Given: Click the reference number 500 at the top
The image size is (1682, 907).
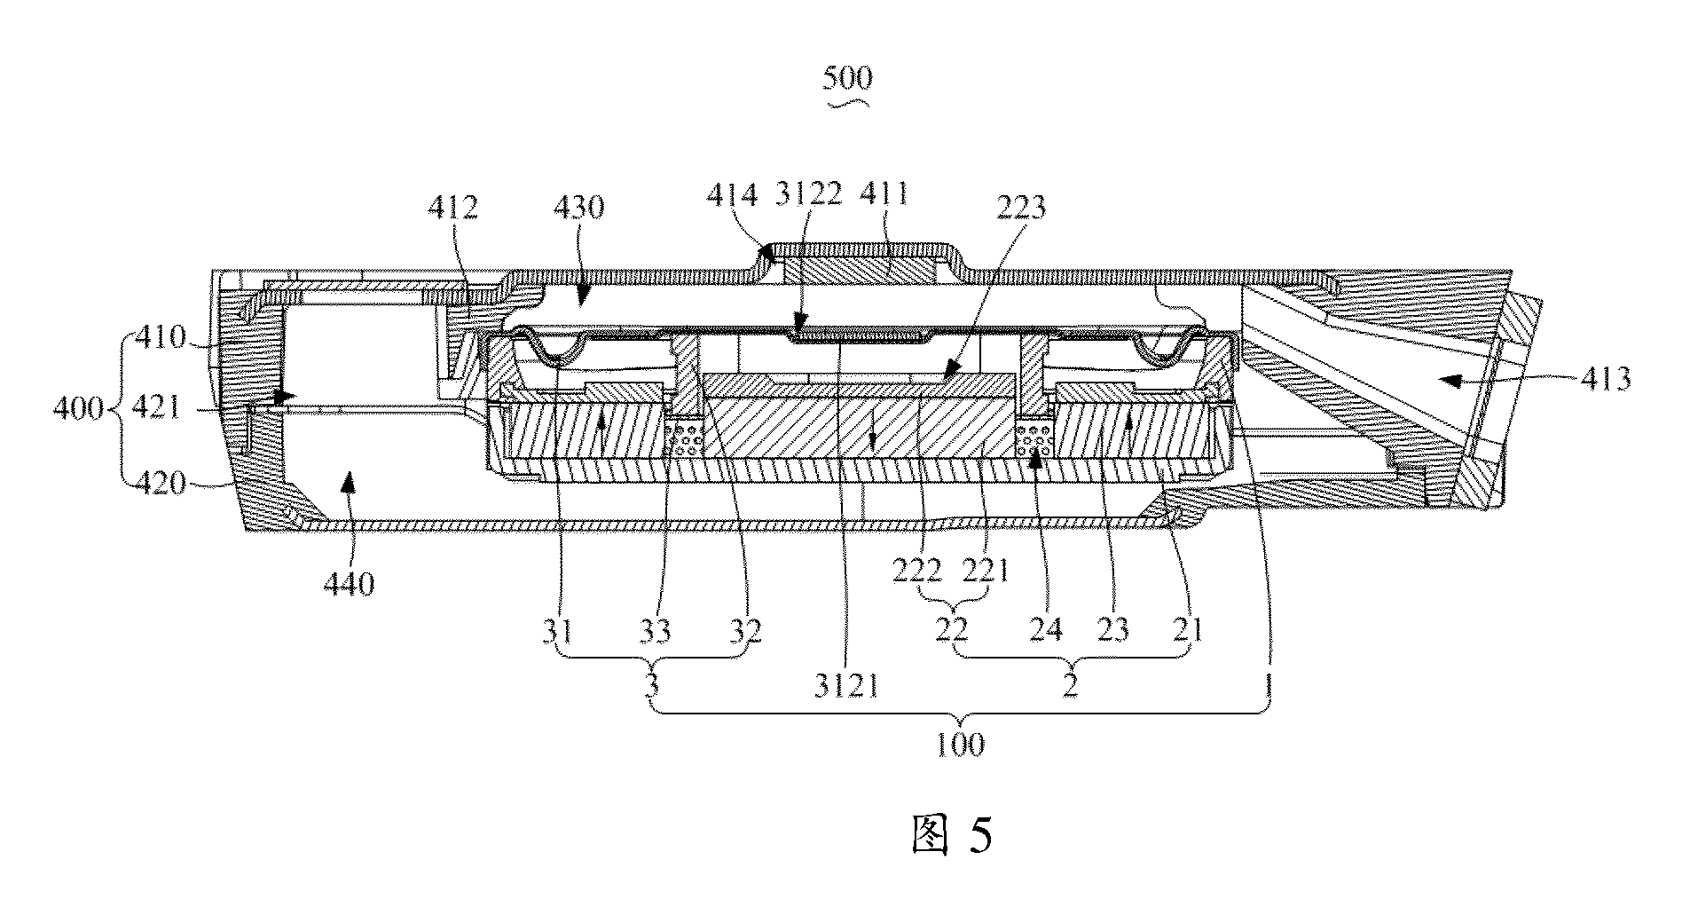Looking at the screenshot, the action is tap(847, 78).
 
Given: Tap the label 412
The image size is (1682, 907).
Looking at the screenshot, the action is tap(452, 209).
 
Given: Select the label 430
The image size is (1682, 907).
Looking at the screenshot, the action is tap(578, 209).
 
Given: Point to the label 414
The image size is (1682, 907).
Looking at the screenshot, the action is tap(733, 194).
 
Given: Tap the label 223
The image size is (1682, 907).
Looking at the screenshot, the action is tap(1019, 209).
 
